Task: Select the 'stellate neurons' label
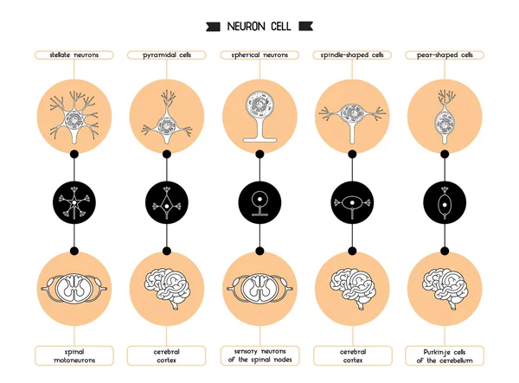pos(74,54)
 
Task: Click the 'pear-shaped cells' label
pos(444,54)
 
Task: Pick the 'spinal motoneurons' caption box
pos(74,355)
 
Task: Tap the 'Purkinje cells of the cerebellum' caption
pos(444,355)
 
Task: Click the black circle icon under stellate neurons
pos(74,203)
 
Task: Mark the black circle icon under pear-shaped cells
pos(444,203)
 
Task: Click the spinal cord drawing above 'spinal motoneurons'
pos(74,287)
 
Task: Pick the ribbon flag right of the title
pos(304,26)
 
